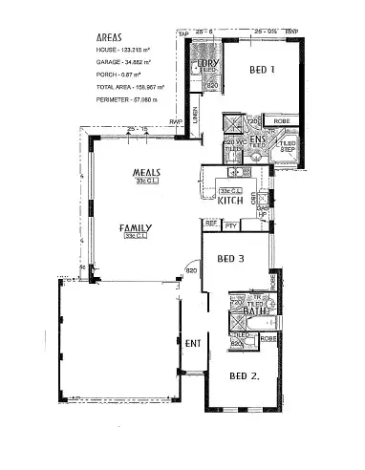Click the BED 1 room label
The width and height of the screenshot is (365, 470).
264,70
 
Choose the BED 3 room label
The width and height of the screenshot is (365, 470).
233,259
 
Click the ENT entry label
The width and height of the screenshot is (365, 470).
193,343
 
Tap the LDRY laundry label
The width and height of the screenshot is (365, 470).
208,63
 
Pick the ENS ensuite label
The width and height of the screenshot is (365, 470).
257,139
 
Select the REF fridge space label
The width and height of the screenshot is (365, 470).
212,224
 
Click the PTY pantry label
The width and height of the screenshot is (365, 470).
231,225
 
